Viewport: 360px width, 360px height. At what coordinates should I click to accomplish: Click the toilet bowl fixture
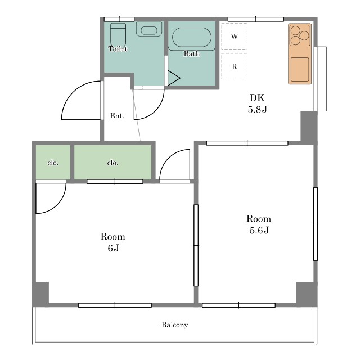coord(118,35)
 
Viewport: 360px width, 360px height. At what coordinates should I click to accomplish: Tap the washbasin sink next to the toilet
coord(149,29)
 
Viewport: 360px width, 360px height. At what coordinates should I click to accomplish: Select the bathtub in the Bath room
coord(192,38)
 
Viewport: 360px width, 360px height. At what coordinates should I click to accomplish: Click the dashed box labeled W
coord(234,36)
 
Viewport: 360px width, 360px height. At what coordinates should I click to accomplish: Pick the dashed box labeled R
coord(234,66)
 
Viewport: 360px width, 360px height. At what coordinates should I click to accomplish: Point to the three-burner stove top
coord(300,35)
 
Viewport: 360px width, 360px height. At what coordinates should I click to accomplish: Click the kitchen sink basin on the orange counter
coord(300,69)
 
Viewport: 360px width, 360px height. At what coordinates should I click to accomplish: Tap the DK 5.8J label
coord(258,103)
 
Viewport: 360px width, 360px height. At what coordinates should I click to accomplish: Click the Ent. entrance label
coord(117,115)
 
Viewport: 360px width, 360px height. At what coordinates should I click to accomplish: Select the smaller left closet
coord(53,162)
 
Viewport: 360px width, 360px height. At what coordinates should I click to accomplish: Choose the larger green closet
coord(112,162)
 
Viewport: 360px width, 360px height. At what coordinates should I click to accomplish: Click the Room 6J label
coord(113,242)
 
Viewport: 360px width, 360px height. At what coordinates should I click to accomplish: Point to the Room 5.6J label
coord(259,224)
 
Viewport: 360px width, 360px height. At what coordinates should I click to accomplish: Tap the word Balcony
coord(175,325)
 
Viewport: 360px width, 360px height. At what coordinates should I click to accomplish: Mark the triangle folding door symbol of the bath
coord(174,78)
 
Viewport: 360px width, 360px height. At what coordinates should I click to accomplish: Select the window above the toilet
coord(119,19)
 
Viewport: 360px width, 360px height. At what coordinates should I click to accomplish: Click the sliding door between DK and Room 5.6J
coord(247,143)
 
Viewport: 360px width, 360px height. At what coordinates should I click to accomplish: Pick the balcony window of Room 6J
coord(115,305)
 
